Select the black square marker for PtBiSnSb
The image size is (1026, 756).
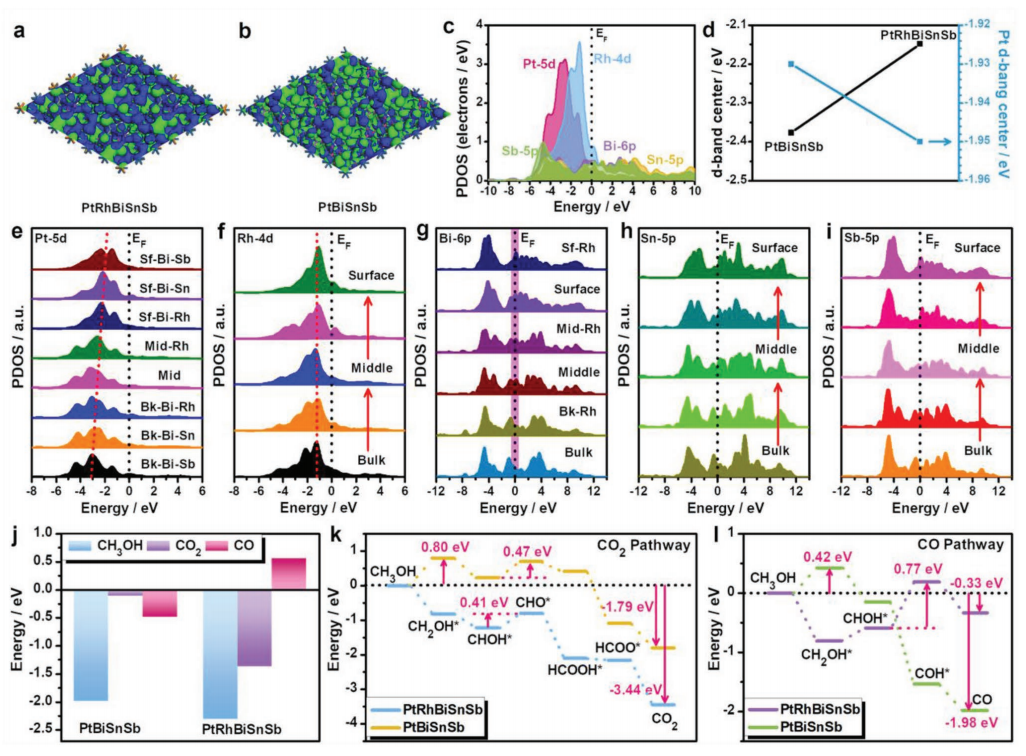pyautogui.click(x=791, y=132)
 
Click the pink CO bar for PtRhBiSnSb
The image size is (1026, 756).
pyautogui.click(x=288, y=573)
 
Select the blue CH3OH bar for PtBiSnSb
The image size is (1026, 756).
pyautogui.click(x=90, y=645)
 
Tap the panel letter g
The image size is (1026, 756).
pyautogui.click(x=425, y=239)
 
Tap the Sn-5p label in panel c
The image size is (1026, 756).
pyautogui.click(x=667, y=158)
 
